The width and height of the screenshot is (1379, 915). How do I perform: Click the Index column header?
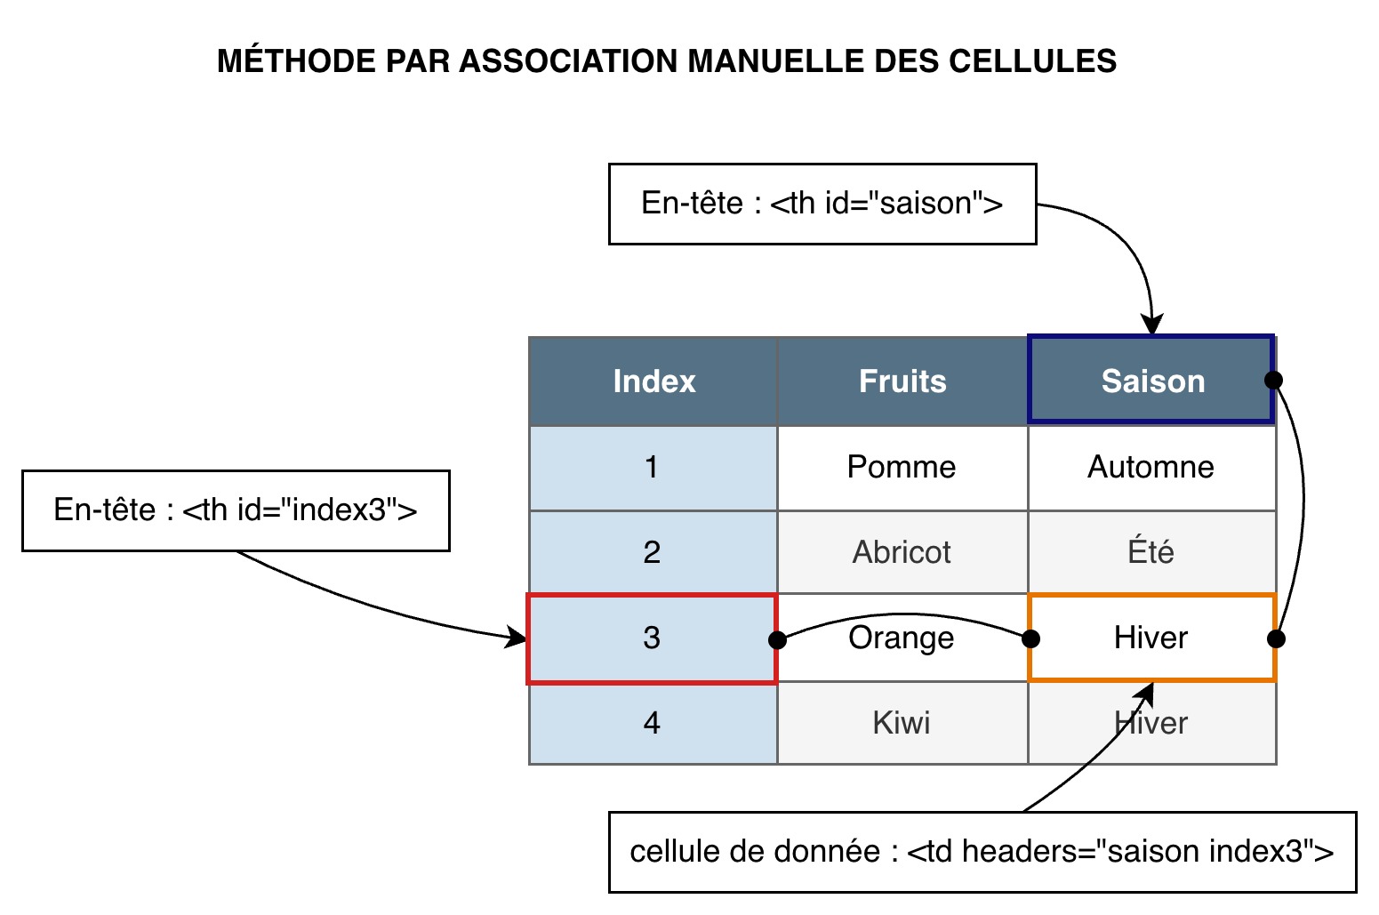tap(653, 381)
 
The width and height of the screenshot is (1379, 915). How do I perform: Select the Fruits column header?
tap(902, 381)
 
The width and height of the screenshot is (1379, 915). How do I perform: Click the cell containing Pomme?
tap(902, 468)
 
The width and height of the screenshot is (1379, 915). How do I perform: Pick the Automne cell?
tap(1151, 468)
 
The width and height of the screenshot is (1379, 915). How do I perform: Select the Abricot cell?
tap(902, 552)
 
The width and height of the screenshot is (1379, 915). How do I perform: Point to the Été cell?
tap(1151, 552)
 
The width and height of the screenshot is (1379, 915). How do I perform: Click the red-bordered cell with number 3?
tap(652, 638)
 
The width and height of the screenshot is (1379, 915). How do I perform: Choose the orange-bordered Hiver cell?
tap(1151, 638)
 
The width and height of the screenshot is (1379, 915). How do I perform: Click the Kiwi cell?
tap(902, 723)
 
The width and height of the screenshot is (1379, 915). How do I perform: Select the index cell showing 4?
tap(652, 723)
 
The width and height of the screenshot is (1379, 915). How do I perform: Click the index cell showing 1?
tap(652, 468)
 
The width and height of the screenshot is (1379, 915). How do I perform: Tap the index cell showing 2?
tap(652, 552)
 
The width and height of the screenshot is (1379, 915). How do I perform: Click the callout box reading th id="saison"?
tap(822, 204)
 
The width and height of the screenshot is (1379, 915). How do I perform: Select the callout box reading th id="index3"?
tap(236, 510)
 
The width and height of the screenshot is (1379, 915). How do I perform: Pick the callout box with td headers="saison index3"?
tap(982, 852)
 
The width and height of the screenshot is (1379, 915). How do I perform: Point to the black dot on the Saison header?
tap(1273, 381)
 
